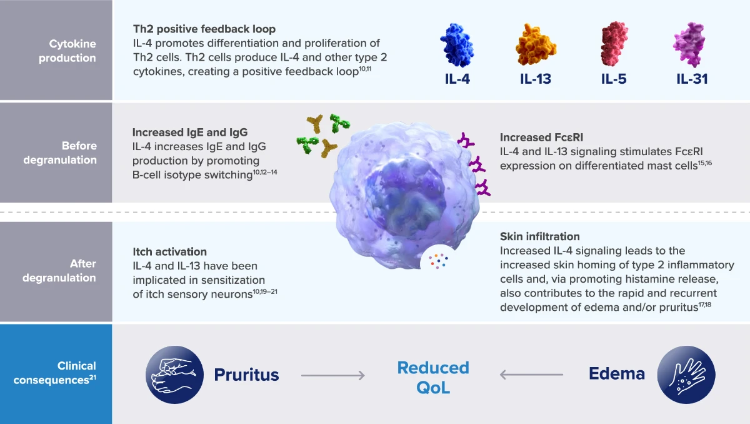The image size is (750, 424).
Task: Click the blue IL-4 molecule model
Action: [x=457, y=45]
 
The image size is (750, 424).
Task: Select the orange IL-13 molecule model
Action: [x=536, y=44]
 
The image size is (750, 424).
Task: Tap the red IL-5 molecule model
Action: [x=614, y=44]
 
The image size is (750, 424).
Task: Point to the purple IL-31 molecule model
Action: [x=690, y=44]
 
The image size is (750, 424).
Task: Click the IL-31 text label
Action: [x=692, y=79]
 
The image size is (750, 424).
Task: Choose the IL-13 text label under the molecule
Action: [x=536, y=79]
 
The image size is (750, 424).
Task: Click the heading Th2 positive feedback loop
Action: [x=204, y=29]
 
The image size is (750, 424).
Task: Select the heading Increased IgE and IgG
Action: [x=190, y=133]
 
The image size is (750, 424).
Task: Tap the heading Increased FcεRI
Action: [x=541, y=138]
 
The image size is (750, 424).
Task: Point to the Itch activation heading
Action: [x=170, y=251]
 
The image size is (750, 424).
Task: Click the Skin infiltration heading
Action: [x=540, y=236]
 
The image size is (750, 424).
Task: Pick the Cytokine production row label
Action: [x=67, y=51]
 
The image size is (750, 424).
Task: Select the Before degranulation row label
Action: [x=60, y=153]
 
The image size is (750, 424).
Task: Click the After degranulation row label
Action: [x=59, y=271]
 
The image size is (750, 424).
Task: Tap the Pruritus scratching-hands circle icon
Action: [x=174, y=375]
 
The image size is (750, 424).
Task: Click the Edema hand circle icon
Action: [x=686, y=375]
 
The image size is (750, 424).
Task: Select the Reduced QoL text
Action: [x=433, y=378]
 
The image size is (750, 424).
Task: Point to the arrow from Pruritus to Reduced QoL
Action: [x=332, y=375]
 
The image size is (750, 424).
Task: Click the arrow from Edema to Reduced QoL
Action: [x=531, y=375]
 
